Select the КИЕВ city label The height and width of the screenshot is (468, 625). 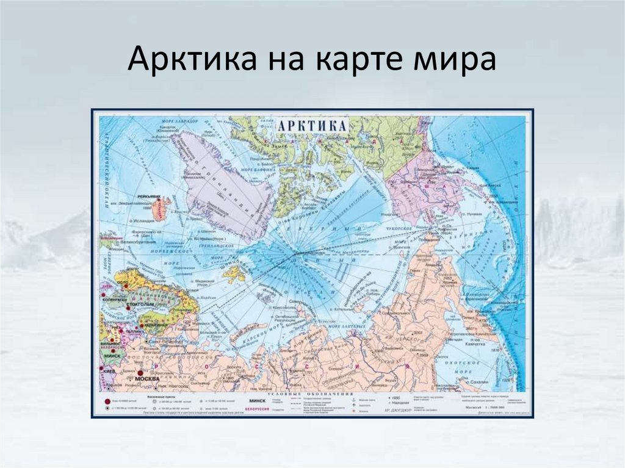(109, 370)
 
